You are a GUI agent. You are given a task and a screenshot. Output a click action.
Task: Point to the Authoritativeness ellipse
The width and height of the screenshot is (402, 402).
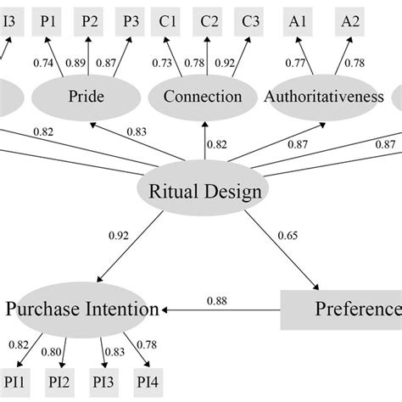[x=324, y=98]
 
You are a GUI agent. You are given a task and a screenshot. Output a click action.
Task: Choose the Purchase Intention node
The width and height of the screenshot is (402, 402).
[x=82, y=309]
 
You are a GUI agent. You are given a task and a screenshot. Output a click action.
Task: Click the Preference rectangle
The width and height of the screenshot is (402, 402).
[x=348, y=309]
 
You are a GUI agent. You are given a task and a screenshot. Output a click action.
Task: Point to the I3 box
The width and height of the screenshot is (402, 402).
[x=8, y=23]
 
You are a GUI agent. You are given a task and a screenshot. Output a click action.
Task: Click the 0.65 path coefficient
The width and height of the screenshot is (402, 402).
[x=288, y=235]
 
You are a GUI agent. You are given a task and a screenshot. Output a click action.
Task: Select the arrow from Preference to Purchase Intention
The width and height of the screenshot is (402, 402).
[x=221, y=310]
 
